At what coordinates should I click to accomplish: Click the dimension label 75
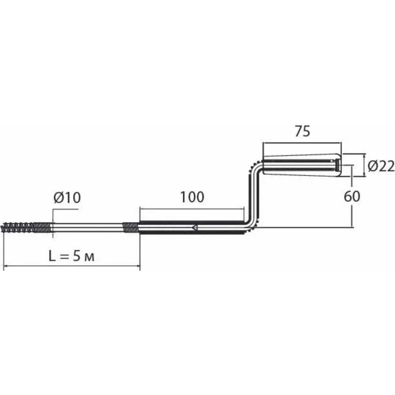303,132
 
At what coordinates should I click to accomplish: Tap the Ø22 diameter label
381,166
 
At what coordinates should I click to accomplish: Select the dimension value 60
352,196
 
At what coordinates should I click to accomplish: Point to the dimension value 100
192,197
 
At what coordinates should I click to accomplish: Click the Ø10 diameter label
67,197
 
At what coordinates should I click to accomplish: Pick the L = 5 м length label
71,256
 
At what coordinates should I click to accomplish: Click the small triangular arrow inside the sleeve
194,228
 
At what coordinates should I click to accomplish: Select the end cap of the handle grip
338,165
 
